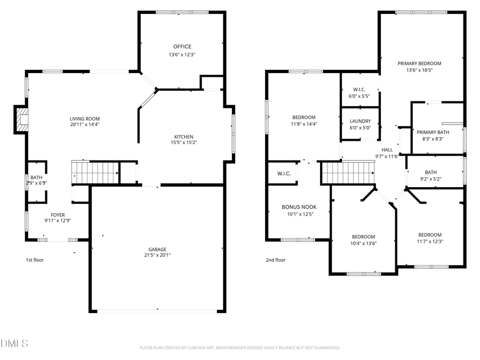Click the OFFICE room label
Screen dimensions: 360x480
(x=182, y=46)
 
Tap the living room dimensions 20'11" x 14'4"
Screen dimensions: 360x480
(x=84, y=124)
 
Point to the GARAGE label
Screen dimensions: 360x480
(x=157, y=249)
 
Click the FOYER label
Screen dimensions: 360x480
(x=58, y=215)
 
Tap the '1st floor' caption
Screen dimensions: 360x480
(x=34, y=260)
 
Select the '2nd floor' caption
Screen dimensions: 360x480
(x=276, y=260)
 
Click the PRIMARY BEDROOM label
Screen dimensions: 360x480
(x=419, y=63)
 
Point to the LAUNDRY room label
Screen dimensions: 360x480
(x=360, y=121)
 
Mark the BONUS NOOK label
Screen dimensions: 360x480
(x=299, y=207)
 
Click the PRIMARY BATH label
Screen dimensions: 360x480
(x=429, y=132)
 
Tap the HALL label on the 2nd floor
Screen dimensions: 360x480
(x=387, y=150)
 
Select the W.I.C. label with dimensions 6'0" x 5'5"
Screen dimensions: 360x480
(x=359, y=89)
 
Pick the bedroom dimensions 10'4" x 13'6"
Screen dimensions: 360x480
(x=363, y=243)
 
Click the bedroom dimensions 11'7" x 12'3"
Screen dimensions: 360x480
(x=429, y=241)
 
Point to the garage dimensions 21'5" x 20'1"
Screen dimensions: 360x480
(x=157, y=255)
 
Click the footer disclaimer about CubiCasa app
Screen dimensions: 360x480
(x=239, y=348)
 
